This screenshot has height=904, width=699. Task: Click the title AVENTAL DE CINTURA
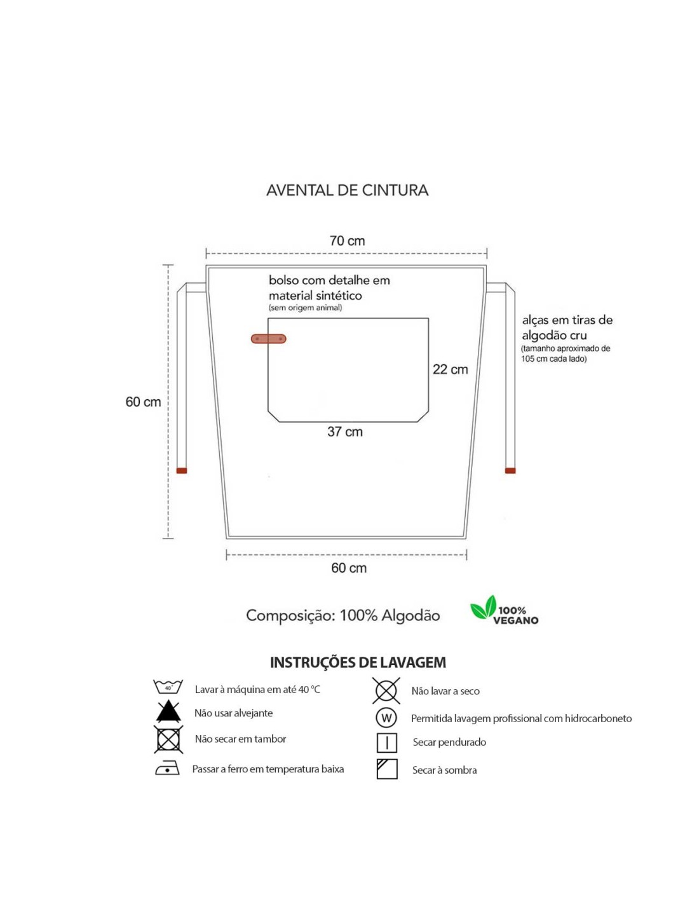(x=347, y=190)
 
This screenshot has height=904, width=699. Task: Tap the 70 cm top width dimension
(x=347, y=241)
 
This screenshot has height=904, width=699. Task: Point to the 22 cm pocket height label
(x=450, y=369)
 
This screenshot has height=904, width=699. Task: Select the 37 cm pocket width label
(x=345, y=432)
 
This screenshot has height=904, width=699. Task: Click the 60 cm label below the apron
(x=349, y=568)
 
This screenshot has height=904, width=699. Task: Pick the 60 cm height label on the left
(x=143, y=402)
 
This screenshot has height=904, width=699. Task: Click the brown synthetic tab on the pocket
(x=268, y=339)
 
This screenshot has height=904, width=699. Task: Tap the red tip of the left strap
(x=182, y=470)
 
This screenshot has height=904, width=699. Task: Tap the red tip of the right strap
(x=510, y=470)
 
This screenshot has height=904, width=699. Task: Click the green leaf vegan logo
(x=484, y=607)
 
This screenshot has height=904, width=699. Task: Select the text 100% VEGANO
(x=515, y=615)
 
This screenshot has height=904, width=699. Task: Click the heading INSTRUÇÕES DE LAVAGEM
(x=358, y=662)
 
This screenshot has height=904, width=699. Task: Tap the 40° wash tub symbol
(x=168, y=687)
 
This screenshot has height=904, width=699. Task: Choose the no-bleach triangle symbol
(x=168, y=711)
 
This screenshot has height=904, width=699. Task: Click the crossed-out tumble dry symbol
(x=168, y=739)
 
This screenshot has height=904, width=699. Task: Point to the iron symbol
(x=168, y=768)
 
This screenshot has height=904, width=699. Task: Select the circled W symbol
(x=386, y=718)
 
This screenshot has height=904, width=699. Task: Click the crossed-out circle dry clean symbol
(x=386, y=691)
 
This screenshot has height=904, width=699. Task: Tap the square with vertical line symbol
(x=387, y=743)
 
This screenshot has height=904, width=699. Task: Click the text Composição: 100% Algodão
(x=343, y=615)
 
